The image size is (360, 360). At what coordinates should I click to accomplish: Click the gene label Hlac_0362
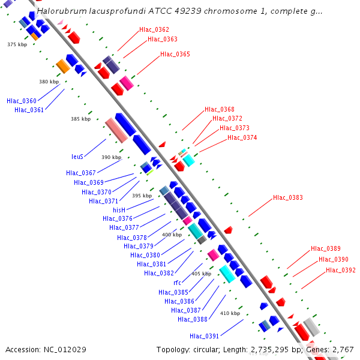pos(154,29)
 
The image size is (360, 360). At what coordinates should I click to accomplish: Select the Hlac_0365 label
pos(175,54)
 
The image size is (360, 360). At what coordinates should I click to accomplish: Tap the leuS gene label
pos(77,157)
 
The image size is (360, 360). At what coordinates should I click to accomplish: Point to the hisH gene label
pos(119,210)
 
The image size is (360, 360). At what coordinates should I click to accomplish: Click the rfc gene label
pos(177,283)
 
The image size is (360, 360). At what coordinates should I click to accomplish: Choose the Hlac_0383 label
pos(288,197)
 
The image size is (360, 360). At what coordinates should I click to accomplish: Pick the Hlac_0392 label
pos(341,270)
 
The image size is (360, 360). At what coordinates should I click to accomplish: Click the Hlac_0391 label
pos(205,336)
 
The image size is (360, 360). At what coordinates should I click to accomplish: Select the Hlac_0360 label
pos(22,101)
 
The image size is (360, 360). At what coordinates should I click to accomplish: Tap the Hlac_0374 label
pos(242,137)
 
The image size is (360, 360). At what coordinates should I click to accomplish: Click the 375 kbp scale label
pos(17,44)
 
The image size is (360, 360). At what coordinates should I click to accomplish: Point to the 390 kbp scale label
pos(111,157)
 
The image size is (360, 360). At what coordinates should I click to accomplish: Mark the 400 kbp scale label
pos(172,235)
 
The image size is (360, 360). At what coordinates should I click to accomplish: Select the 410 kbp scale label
pos(230,313)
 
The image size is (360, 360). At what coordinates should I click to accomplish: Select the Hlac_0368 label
pos(220,109)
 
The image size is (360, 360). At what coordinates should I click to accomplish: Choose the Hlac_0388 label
pos(193,319)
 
